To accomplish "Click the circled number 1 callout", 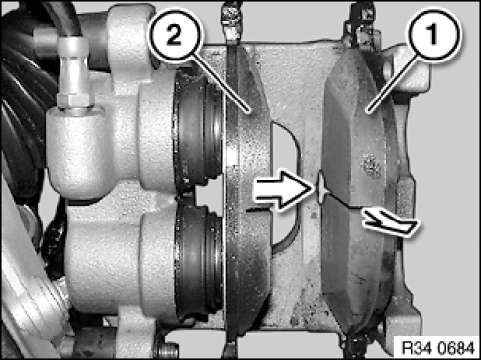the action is point(432,35).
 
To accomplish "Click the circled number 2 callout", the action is point(176,36).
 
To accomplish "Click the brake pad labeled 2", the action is point(248,188).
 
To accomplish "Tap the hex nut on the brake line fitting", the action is point(73,99).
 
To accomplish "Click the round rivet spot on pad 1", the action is point(371,166).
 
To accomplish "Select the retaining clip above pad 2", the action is point(231,22).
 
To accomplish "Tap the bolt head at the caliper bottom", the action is point(167,350).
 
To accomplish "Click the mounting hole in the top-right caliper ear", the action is point(387,69).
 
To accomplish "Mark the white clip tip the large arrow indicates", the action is point(320,188).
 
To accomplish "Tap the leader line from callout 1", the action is point(389,84).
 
